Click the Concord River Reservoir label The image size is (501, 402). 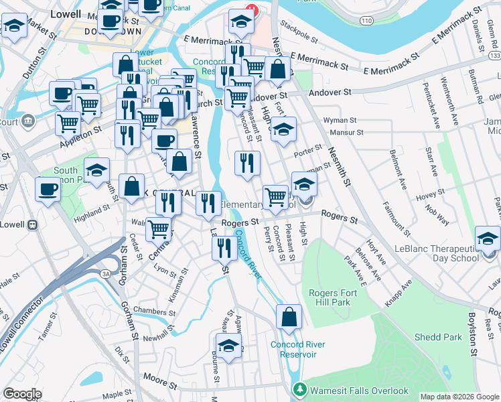298,349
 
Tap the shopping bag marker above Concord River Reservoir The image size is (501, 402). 289,318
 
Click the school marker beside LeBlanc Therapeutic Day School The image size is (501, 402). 488,239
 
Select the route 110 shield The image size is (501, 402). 365,21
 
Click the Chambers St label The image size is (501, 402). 154,310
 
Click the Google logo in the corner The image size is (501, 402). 21,394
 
